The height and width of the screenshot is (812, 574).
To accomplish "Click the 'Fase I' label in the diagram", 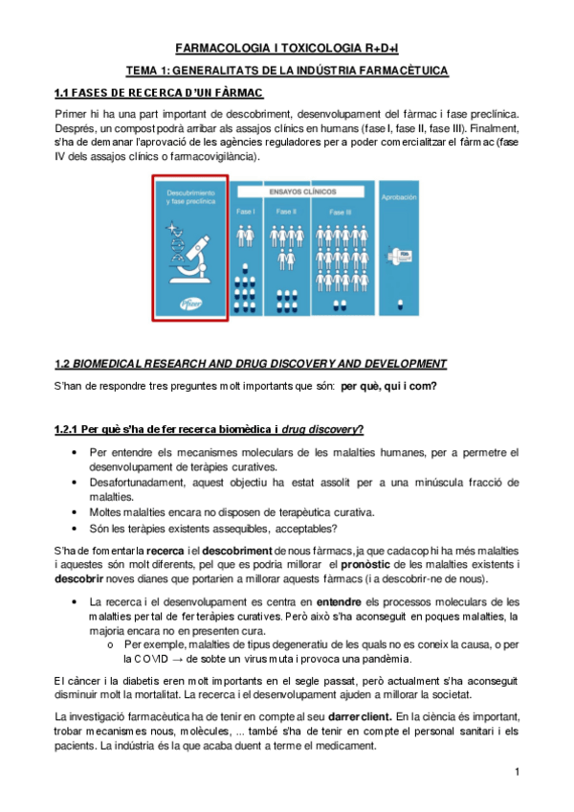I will pos(246,212).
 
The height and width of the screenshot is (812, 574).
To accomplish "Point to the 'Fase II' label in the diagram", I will pos(286,212).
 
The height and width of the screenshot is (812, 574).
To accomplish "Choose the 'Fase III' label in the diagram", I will pos(340,212).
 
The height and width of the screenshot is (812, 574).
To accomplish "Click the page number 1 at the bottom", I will pos(517,772).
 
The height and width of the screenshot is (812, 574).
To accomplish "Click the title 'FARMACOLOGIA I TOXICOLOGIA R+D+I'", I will pos(287,49).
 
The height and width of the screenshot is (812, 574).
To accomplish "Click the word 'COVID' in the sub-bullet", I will pos(143,659).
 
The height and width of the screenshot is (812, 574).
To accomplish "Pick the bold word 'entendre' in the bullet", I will pos(343,601).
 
